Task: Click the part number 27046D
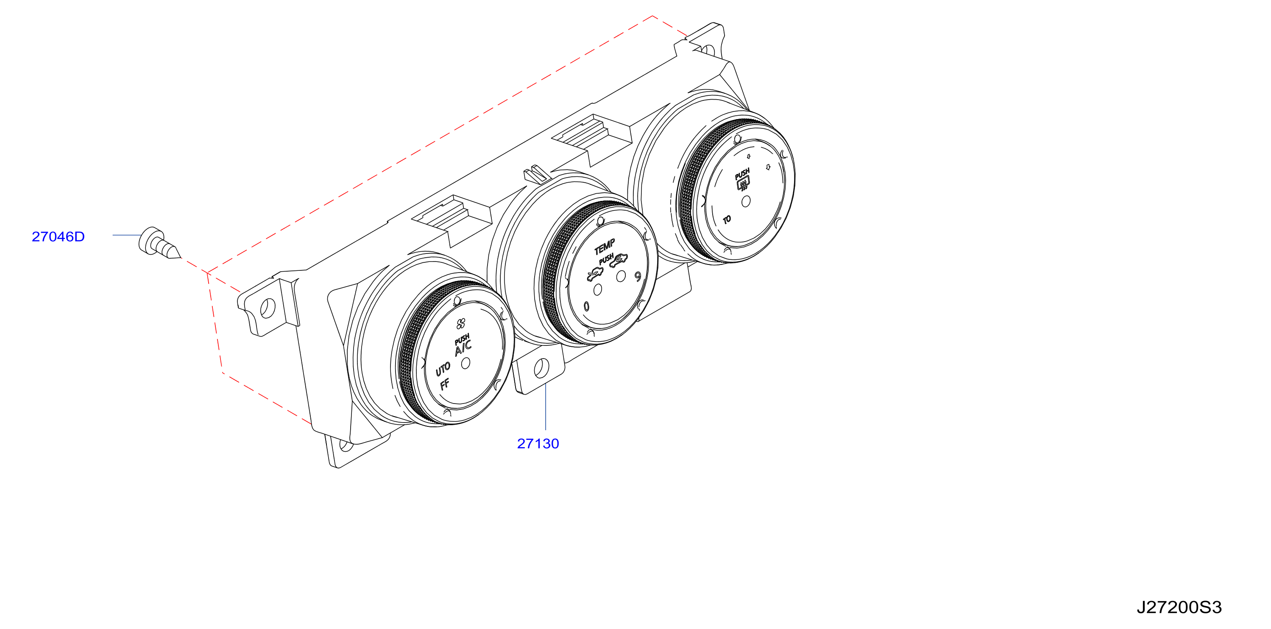[58, 237]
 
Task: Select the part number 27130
[538, 443]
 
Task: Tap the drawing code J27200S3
[1179, 607]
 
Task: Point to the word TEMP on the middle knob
[605, 246]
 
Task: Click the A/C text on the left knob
[463, 348]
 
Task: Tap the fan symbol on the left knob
[461, 324]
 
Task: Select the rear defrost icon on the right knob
[743, 184]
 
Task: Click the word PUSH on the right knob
[742, 173]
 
